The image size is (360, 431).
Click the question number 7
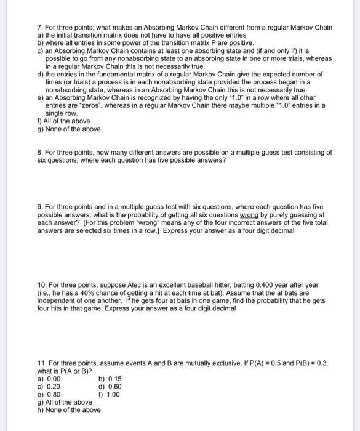coord(39,28)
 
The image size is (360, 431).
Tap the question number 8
coord(39,152)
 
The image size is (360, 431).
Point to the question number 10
coord(42,285)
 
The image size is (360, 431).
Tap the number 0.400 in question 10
coord(254,285)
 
